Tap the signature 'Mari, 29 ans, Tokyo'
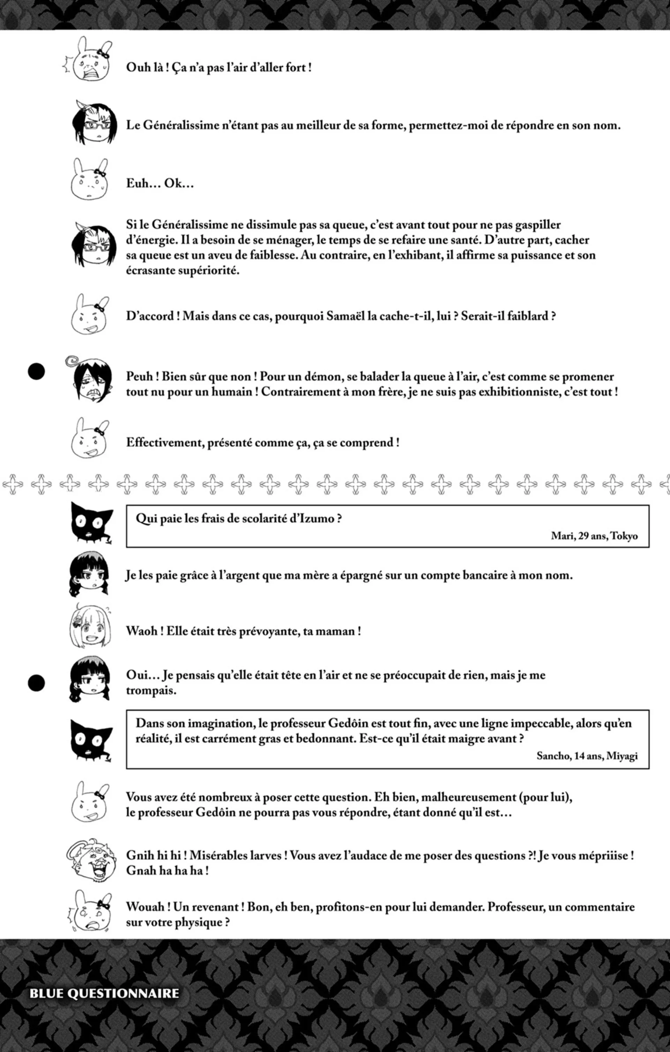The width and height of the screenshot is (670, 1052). [594, 536]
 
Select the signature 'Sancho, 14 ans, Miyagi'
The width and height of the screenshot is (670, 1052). [587, 756]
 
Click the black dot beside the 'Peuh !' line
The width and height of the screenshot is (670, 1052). [36, 372]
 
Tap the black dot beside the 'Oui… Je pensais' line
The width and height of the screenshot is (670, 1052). [36, 683]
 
